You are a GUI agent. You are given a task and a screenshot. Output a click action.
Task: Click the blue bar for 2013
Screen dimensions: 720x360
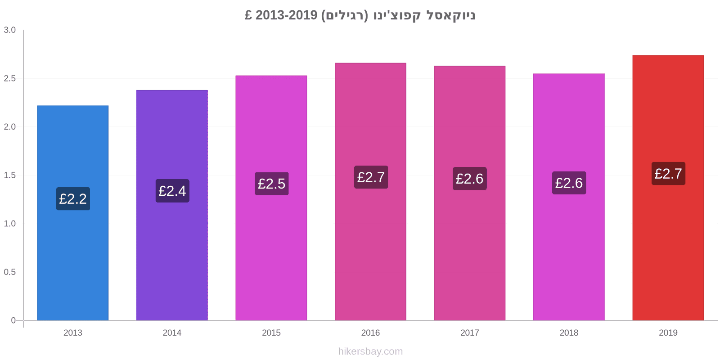(x=72, y=213)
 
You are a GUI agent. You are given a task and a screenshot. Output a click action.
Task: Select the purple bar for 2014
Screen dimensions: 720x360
(x=172, y=205)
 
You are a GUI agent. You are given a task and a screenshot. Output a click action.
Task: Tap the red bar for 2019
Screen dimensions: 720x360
(x=668, y=188)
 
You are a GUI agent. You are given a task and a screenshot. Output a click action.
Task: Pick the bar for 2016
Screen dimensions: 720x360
(x=371, y=192)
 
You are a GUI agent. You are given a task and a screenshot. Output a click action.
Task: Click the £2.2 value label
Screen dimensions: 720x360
(x=73, y=198)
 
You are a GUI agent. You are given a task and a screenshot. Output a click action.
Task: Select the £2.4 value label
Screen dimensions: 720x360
(x=172, y=191)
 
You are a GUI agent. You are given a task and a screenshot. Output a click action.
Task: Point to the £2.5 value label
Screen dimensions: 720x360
(x=272, y=184)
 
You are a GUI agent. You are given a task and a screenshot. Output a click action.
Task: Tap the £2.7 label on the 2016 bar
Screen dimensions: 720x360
(x=371, y=177)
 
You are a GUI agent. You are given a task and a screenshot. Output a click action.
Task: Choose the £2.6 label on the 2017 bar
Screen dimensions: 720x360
(x=470, y=178)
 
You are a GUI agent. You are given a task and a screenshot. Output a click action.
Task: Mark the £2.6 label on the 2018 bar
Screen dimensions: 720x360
(x=569, y=183)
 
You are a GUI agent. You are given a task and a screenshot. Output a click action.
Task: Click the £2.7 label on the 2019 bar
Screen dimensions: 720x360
(x=668, y=174)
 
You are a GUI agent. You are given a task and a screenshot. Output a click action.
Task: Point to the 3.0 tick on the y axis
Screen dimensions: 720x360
(x=9, y=30)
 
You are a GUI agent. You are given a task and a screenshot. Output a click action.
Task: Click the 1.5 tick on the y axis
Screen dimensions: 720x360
(x=9, y=175)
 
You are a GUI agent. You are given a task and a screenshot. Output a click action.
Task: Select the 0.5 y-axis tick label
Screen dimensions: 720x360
(x=9, y=272)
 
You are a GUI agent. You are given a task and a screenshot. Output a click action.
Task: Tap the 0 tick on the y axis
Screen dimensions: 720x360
(x=13, y=320)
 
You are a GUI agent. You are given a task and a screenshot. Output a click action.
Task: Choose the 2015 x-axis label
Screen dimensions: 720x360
(x=271, y=333)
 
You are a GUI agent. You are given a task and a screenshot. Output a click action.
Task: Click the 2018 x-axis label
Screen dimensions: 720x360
(x=569, y=333)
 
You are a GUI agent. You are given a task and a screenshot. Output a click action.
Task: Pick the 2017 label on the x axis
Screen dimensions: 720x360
(x=470, y=333)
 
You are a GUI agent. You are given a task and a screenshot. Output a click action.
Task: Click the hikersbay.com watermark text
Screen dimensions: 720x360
(x=370, y=351)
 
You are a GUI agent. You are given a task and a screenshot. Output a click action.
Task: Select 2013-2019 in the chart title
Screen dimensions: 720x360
(x=286, y=15)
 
